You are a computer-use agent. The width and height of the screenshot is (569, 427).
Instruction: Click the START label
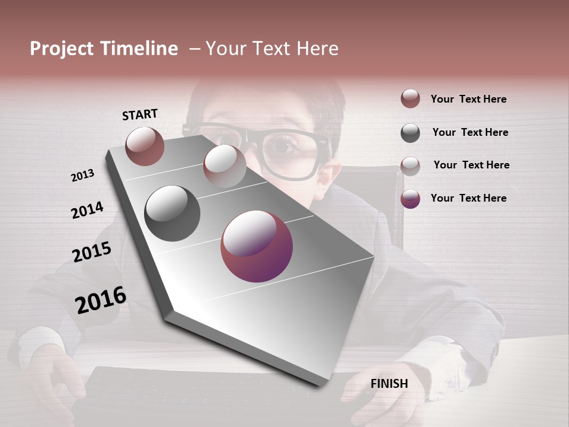[x=140, y=114]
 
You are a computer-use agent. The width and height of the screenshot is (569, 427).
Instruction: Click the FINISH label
[x=389, y=384]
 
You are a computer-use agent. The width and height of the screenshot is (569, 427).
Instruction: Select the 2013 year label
[x=82, y=176]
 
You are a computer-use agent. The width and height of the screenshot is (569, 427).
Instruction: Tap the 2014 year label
[x=87, y=210]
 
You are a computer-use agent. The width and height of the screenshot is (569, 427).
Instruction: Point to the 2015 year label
[x=92, y=252]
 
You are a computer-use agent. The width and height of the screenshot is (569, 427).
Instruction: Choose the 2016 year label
[x=101, y=299]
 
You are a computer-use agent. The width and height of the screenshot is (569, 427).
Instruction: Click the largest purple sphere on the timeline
[x=257, y=246]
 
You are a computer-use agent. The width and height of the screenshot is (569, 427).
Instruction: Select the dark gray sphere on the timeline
[x=172, y=213]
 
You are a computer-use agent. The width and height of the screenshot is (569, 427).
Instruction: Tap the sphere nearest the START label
[x=145, y=146]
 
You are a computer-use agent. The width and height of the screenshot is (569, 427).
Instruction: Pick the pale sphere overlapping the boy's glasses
[x=225, y=165]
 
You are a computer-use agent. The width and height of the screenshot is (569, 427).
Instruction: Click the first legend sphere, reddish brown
[x=410, y=98]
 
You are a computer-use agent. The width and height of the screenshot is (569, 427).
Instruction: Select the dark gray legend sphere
[x=410, y=133]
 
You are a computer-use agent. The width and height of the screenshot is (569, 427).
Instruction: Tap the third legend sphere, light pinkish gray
[x=410, y=165]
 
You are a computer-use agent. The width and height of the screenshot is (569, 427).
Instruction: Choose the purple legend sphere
[x=410, y=199]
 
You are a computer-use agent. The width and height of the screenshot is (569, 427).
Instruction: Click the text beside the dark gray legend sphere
[x=470, y=132]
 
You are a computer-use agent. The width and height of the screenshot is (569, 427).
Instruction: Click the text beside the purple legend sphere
[x=468, y=198]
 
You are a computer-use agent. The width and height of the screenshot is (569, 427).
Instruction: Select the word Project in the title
[x=62, y=49]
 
